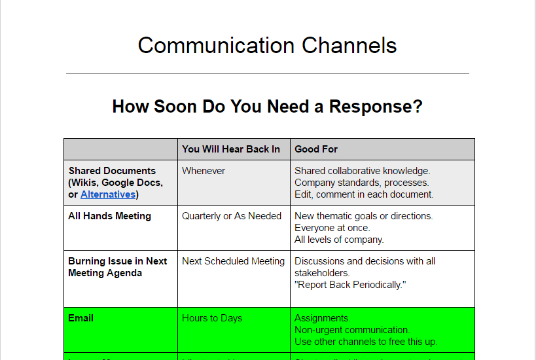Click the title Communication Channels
click(267, 46)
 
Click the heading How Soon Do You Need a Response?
click(267, 107)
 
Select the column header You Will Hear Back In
click(231, 149)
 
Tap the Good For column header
click(316, 149)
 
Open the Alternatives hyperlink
click(107, 194)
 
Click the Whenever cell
click(204, 171)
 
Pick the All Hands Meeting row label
click(109, 216)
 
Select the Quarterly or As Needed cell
click(232, 216)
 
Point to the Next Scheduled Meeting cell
click(233, 261)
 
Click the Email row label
click(80, 318)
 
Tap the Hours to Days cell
click(212, 318)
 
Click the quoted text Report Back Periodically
click(350, 285)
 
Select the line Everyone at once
click(332, 228)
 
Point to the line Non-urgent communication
click(352, 330)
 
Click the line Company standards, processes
click(361, 183)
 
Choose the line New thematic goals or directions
click(363, 216)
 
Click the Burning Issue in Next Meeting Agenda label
click(117, 267)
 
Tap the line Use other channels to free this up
click(365, 342)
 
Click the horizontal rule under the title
click(267, 74)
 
